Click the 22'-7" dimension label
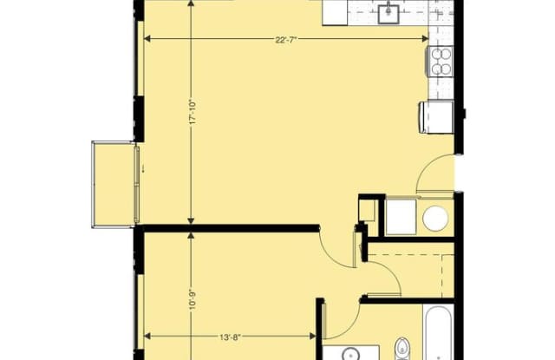(285, 40)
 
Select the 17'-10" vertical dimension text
(193, 112)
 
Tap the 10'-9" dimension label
(193, 300)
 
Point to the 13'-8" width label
(230, 337)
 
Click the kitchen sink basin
(388, 14)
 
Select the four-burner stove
(441, 62)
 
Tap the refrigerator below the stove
(437, 117)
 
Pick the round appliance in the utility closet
(435, 218)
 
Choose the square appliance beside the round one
(401, 217)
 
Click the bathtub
(438, 333)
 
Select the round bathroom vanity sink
(350, 354)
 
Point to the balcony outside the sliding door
(114, 184)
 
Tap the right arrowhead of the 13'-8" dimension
(313, 337)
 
